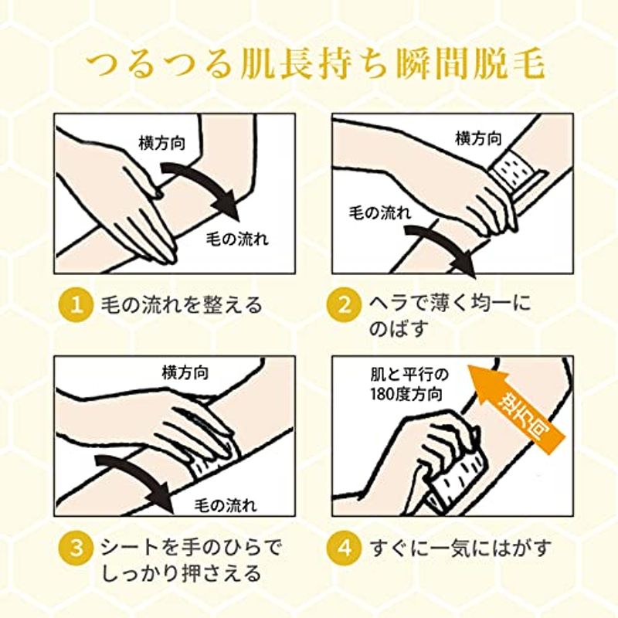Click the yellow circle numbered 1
(75, 305)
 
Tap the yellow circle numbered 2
(344, 305)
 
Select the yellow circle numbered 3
(75, 548)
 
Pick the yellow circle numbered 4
(344, 548)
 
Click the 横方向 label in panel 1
(162, 143)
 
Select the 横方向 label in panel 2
(478, 138)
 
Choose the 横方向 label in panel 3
(185, 372)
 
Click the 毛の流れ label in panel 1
(237, 239)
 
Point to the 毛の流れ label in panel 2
(380, 213)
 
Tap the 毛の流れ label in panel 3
(226, 505)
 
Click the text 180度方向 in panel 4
(406, 394)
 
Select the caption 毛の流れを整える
(182, 304)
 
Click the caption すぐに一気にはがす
(460, 548)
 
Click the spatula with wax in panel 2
(517, 173)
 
